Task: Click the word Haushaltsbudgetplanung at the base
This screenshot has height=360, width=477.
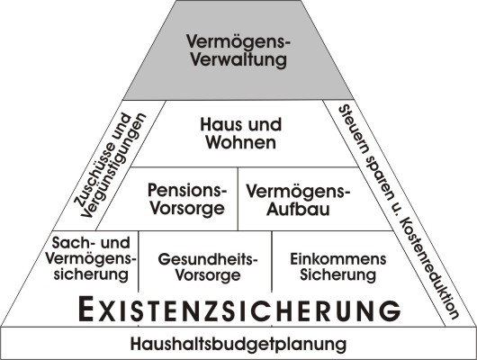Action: (x=238, y=344)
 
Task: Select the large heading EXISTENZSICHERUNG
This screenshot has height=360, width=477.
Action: (x=239, y=309)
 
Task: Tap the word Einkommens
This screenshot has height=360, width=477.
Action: (x=338, y=259)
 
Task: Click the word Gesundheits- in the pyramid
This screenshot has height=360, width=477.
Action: (x=208, y=259)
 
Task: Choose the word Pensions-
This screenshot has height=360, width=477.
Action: (x=187, y=191)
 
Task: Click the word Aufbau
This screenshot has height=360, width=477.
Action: (x=298, y=210)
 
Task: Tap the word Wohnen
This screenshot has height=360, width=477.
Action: (x=241, y=142)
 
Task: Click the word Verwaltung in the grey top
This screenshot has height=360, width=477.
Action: (x=238, y=59)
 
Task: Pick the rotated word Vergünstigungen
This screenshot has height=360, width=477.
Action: (x=114, y=166)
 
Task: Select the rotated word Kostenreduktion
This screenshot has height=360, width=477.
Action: (x=427, y=268)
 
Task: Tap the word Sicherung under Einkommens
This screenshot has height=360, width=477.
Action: (x=338, y=274)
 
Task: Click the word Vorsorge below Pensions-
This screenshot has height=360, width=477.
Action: (x=187, y=209)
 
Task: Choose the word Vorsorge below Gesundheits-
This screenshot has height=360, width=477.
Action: (x=208, y=275)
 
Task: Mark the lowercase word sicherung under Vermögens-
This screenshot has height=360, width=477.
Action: (x=91, y=274)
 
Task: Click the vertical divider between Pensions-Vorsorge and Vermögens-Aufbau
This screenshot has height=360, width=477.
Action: (x=238, y=199)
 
